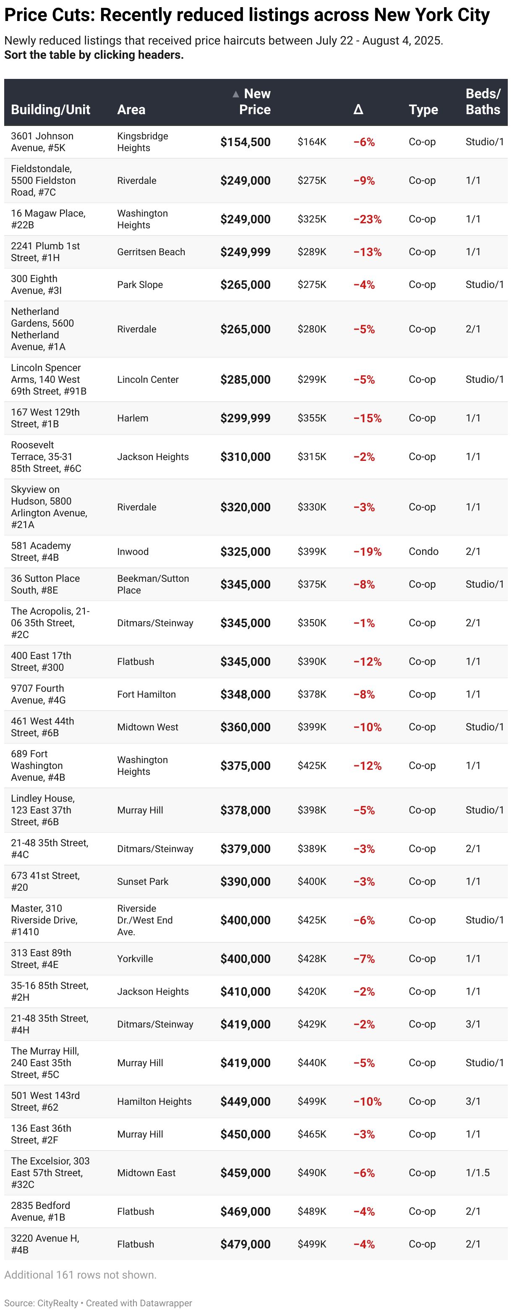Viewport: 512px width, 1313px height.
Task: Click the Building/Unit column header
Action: coord(50,110)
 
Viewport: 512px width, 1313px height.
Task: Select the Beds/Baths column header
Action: coord(483,102)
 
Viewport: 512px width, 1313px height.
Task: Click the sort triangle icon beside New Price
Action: coord(235,94)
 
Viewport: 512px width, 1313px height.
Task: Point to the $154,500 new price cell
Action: coord(245,142)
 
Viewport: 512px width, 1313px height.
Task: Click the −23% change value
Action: coord(367,219)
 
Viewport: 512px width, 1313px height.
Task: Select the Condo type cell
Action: coord(423,552)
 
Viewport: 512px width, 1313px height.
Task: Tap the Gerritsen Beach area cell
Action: coord(151,252)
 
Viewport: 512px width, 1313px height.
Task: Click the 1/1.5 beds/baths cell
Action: coord(477,1173)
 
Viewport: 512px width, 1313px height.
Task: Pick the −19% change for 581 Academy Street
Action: coord(367,552)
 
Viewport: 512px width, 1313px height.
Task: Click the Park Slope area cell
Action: coord(140,285)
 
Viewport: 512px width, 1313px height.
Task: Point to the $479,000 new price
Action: coord(245,1244)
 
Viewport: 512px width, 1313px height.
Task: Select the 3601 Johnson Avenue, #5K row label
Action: coord(42,142)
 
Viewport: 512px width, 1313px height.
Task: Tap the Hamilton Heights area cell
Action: coord(154,1101)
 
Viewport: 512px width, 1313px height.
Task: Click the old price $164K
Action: coord(312,142)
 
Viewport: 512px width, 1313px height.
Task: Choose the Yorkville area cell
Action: coord(135,959)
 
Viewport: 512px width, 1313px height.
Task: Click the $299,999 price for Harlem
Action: coord(245,418)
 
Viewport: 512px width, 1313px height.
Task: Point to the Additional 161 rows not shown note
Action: coord(81,1275)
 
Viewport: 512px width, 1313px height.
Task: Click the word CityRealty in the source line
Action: coord(57,1303)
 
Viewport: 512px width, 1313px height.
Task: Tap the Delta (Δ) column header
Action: coord(358,110)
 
